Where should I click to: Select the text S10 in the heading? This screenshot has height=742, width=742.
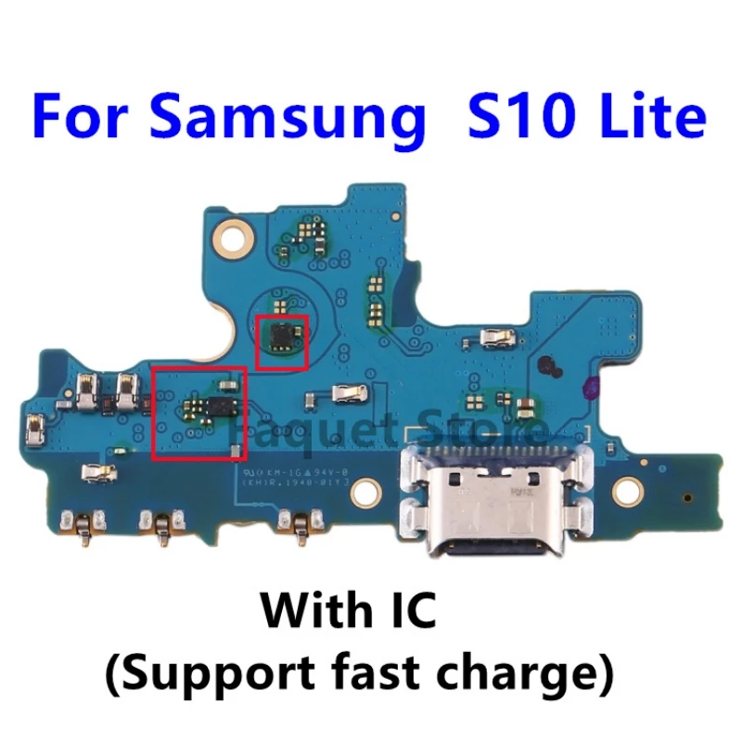(500, 117)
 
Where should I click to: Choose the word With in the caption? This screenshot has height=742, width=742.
(305, 613)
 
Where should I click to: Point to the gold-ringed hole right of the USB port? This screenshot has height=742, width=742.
(633, 486)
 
